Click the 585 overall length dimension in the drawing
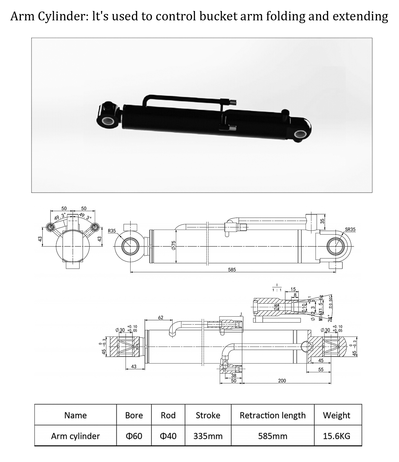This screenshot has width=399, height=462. point(232,269)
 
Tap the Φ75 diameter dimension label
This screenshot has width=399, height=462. point(173,245)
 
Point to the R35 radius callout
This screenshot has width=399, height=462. point(112,231)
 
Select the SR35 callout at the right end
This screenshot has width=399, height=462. point(350,229)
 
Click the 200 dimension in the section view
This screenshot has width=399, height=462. point(282,381)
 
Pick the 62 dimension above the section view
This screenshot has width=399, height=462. point(160,317)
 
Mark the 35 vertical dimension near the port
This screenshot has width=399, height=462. point(322,221)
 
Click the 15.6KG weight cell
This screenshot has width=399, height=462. point(337,436)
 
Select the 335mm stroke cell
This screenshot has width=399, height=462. point(208,436)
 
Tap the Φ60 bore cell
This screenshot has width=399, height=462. point(134,436)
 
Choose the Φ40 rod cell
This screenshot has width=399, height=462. point(168,436)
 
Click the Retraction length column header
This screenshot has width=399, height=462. point(272,415)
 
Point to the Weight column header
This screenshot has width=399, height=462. point(337,415)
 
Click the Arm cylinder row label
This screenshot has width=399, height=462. point(75,436)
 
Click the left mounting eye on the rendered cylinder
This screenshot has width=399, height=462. point(107,121)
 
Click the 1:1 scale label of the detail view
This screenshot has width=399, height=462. point(277,290)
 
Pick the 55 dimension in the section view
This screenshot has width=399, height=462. point(321,369)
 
